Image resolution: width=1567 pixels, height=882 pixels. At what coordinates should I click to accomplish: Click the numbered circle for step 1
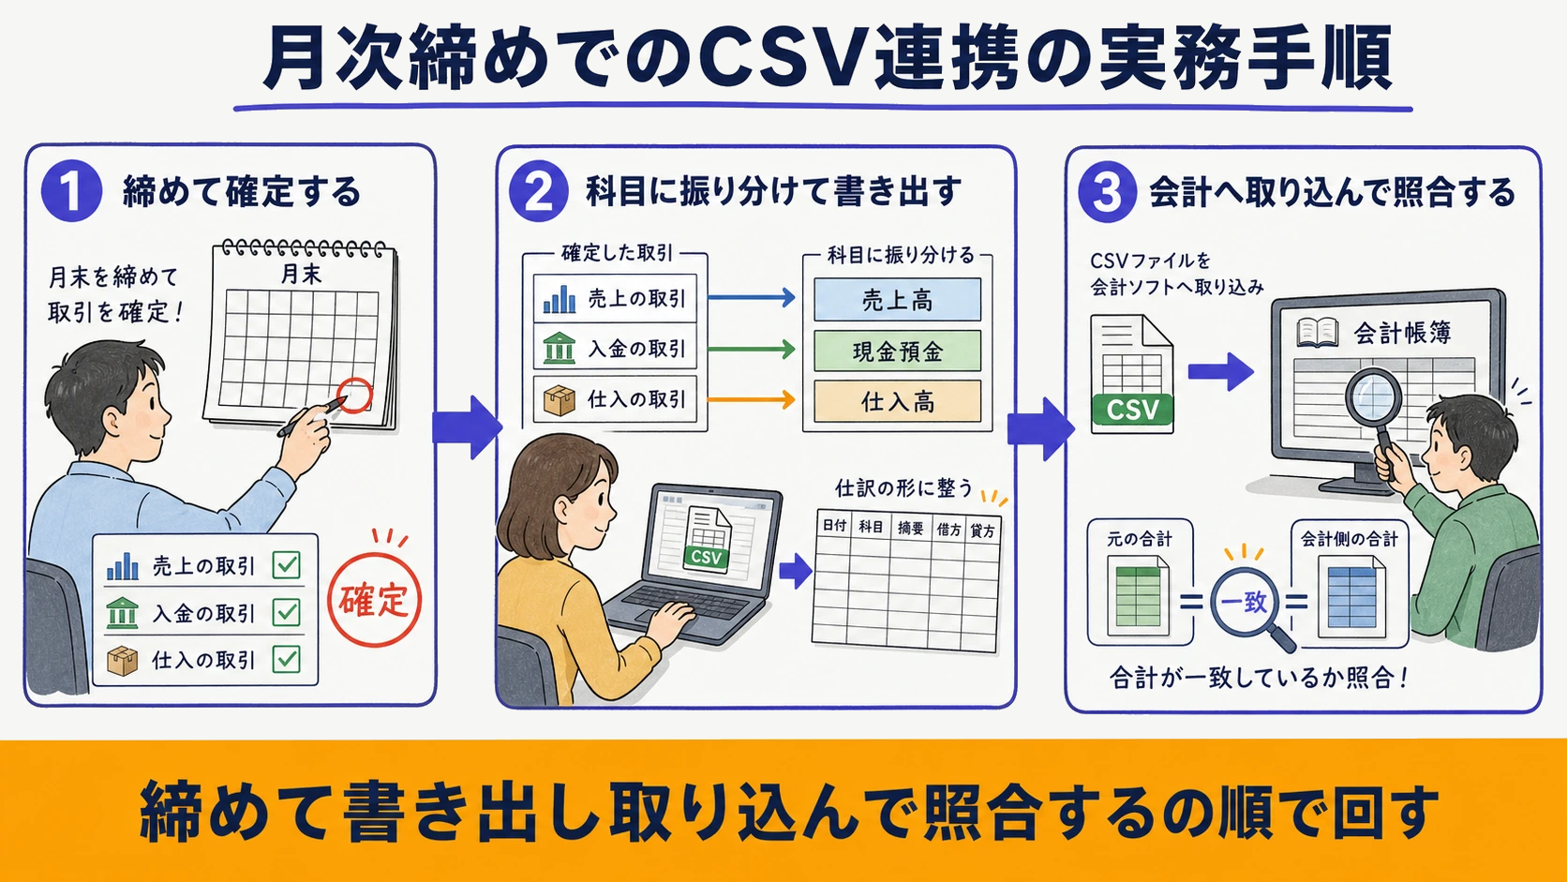tap(71, 191)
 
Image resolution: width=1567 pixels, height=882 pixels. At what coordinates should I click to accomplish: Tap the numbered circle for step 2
tap(538, 191)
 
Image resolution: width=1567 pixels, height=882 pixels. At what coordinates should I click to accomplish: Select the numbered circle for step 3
tap(1108, 191)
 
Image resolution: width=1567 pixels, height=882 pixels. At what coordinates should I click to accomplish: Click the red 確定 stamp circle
tap(374, 600)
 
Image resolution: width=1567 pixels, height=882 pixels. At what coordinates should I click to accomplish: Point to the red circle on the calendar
tap(354, 396)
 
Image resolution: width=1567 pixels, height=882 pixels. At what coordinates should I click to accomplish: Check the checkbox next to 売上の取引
tap(287, 564)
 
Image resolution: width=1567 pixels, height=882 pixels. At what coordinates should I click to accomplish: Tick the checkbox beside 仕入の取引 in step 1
tap(287, 659)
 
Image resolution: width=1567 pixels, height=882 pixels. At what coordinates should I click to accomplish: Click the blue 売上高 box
tap(897, 300)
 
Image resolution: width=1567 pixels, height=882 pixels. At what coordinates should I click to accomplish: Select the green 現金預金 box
tap(897, 351)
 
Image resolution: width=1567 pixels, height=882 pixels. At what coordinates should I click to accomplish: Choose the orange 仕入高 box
tap(897, 401)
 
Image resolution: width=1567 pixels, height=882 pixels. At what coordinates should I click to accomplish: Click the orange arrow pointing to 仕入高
tap(752, 399)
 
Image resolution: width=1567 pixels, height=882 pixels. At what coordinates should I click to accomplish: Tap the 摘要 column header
tap(910, 528)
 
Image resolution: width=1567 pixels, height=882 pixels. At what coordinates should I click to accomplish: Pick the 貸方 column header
tap(982, 531)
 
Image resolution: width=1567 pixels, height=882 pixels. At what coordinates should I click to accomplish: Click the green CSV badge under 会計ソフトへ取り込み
tap(1132, 410)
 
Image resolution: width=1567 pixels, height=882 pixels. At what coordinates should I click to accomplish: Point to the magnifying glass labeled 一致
tap(1246, 602)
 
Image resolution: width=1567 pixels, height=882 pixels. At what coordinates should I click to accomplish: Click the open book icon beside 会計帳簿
tap(1317, 333)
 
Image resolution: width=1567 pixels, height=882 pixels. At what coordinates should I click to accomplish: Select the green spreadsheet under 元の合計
tap(1138, 596)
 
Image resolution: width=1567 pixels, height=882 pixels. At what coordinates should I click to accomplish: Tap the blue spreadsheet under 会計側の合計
tap(1351, 597)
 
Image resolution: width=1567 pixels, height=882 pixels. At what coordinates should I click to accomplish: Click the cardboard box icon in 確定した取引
tap(559, 400)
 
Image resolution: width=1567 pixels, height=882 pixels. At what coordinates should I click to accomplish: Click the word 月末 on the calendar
tap(301, 273)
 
